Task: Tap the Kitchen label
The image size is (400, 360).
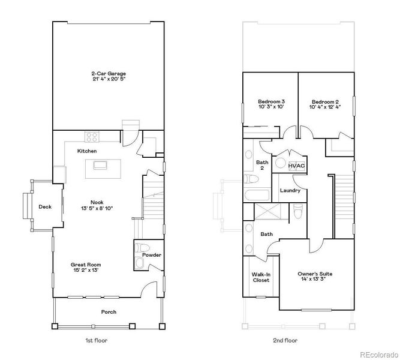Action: pyautogui.click(x=87, y=151)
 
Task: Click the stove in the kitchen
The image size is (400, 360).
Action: pyautogui.click(x=92, y=136)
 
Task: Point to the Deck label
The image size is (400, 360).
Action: pyautogui.click(x=45, y=207)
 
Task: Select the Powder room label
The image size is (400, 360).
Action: pyautogui.click(x=152, y=256)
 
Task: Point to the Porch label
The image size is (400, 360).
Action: pyautogui.click(x=109, y=312)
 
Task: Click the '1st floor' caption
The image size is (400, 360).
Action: pyautogui.click(x=97, y=340)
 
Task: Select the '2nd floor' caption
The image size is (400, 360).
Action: pyautogui.click(x=285, y=340)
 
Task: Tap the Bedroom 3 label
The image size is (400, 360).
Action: pyautogui.click(x=271, y=101)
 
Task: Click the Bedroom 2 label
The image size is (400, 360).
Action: pyautogui.click(x=324, y=101)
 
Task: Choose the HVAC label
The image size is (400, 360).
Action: pyautogui.click(x=297, y=166)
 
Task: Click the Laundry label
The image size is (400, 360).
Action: pyautogui.click(x=290, y=191)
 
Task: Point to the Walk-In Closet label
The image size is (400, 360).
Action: pyautogui.click(x=260, y=277)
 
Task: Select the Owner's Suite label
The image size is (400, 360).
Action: pyautogui.click(x=315, y=274)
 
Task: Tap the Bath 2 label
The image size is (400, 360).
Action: pyautogui.click(x=262, y=165)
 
